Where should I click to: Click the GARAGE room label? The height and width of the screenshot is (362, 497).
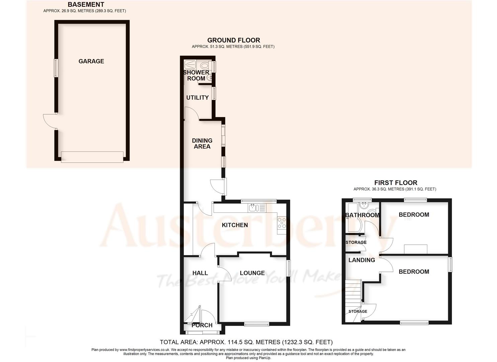click(x=91, y=61)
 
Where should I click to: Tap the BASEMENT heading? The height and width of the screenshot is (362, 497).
click(x=86, y=5)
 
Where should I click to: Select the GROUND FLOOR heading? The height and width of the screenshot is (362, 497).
click(x=233, y=40)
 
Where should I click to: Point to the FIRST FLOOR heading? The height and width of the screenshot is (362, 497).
click(x=395, y=183)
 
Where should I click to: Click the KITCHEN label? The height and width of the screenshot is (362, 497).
click(x=235, y=225)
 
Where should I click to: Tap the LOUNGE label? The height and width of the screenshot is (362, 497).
click(x=252, y=273)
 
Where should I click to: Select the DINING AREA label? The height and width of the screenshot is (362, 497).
click(x=202, y=143)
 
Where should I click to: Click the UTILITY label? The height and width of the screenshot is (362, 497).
click(x=197, y=98)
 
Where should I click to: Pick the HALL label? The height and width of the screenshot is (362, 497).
click(x=200, y=273)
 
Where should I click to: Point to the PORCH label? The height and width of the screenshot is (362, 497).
click(x=202, y=325)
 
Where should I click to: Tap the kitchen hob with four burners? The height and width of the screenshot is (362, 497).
click(x=281, y=223)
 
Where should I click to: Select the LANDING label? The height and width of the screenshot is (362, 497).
click(x=361, y=260)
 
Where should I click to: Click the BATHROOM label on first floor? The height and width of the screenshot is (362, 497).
click(x=362, y=215)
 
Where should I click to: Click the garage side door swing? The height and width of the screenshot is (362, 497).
click(x=50, y=121)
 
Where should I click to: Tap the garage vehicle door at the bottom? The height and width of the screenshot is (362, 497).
click(x=92, y=157)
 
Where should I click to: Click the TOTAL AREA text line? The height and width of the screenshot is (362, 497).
click(x=246, y=342)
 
